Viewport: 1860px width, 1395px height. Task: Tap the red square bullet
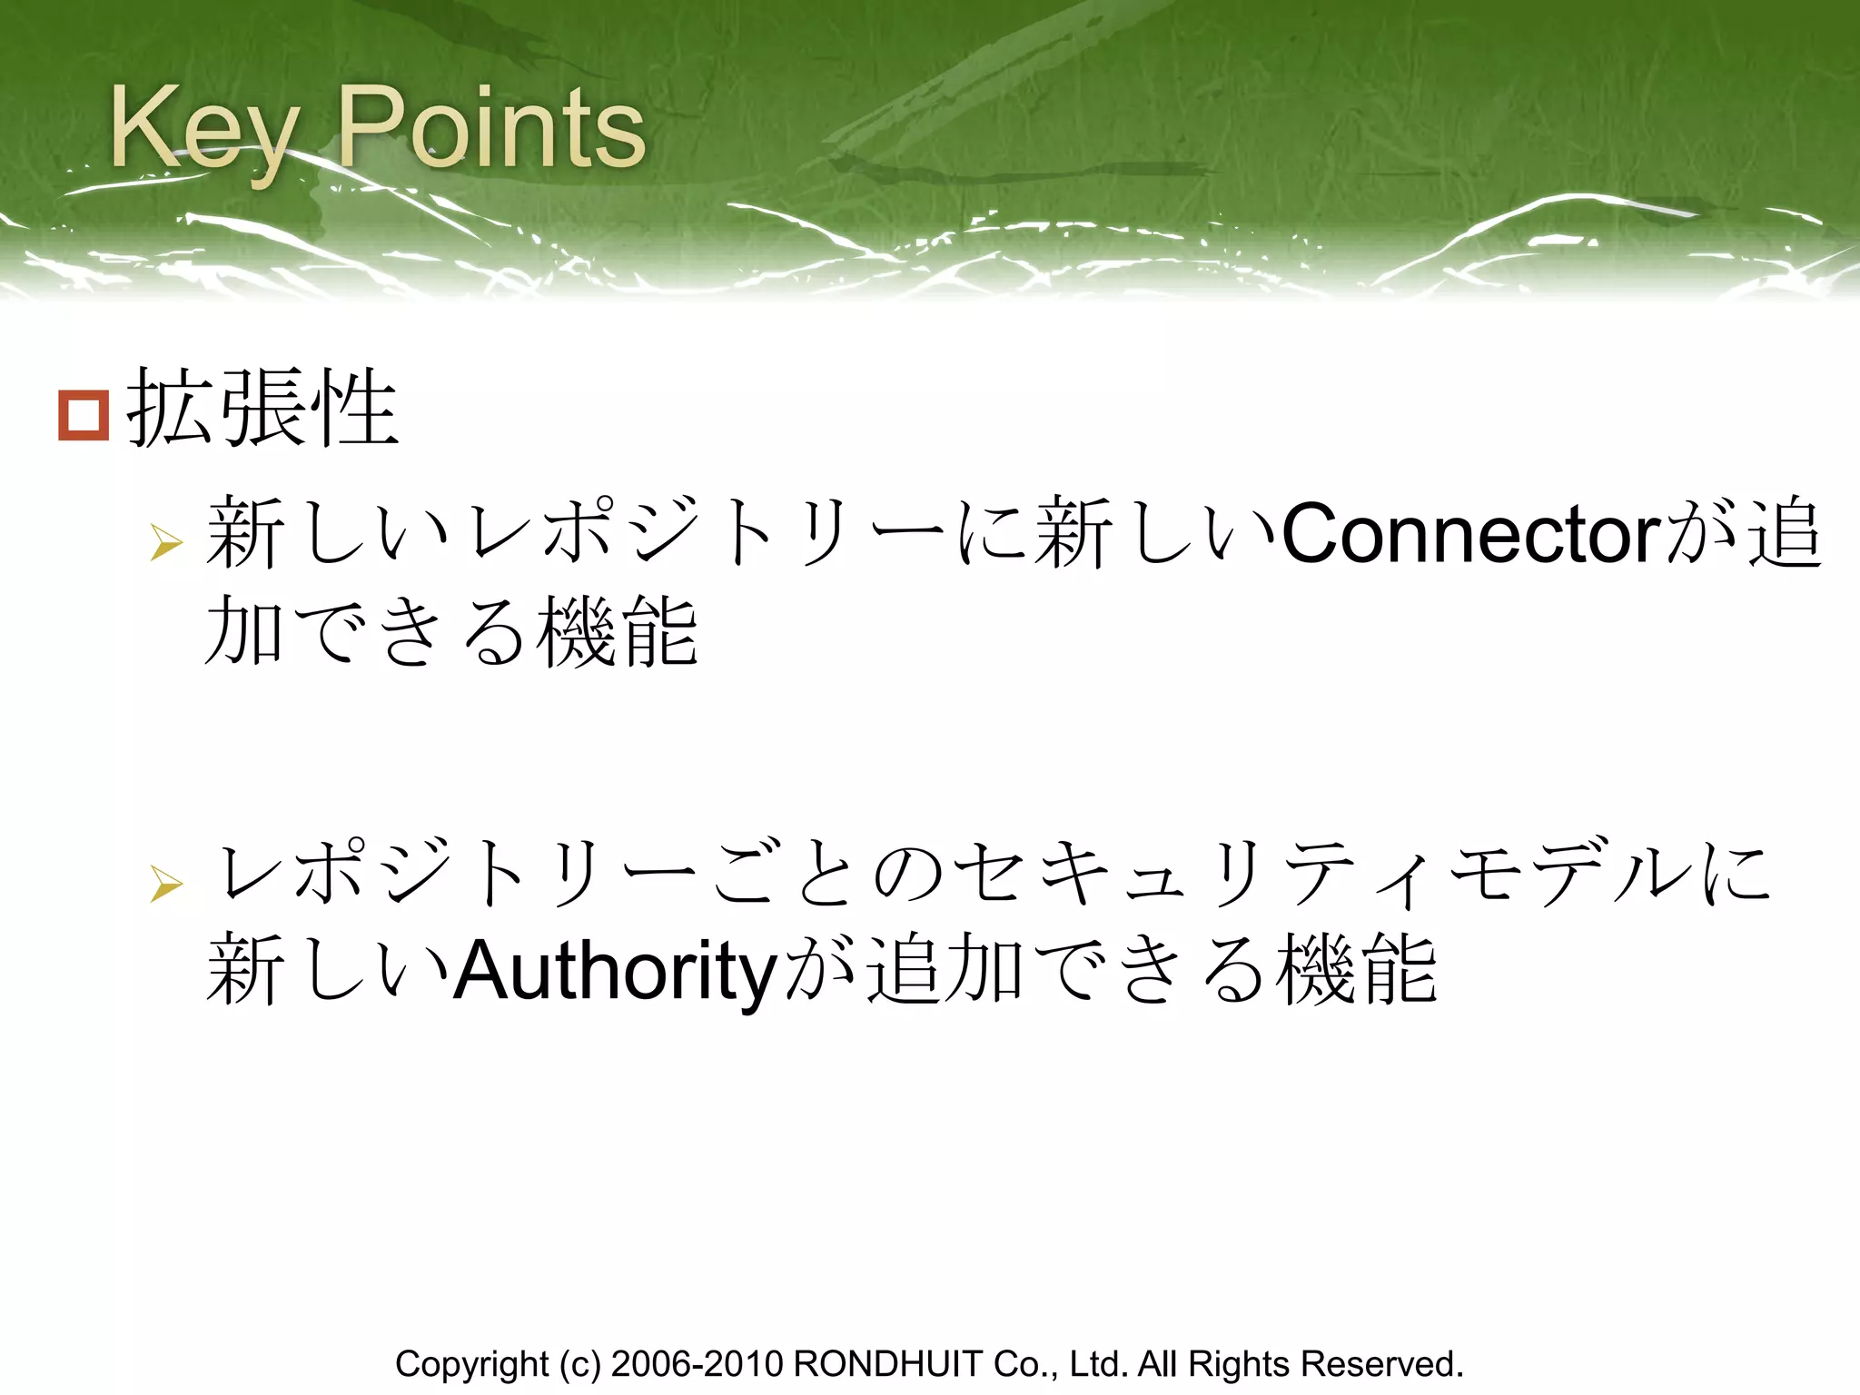[84, 415]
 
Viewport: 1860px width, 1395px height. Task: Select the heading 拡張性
[262, 409]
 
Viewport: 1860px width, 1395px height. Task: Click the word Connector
[1470, 535]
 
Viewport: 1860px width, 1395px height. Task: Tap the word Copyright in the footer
[471, 1365]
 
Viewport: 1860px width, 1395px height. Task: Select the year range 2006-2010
[697, 1365]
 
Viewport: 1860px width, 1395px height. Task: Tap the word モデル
[1571, 874]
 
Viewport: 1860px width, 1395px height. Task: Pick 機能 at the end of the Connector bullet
[617, 632]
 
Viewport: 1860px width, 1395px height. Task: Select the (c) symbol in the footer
[579, 1365]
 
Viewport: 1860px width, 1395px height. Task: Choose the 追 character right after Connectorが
[1785, 535]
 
